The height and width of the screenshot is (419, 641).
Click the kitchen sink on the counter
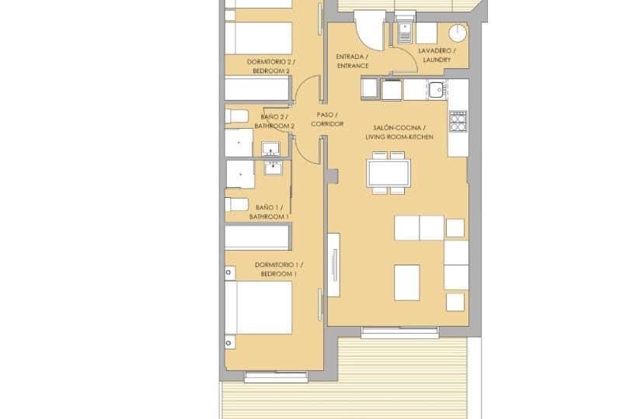pyautogui.click(x=437, y=89)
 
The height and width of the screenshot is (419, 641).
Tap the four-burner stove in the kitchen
pyautogui.click(x=458, y=120)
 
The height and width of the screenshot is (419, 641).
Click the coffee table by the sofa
pyautogui.click(x=406, y=282)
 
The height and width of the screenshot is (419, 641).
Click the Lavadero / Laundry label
pyautogui.click(x=437, y=55)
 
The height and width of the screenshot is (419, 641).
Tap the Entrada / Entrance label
pyautogui.click(x=352, y=61)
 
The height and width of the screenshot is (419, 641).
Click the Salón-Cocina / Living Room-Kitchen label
pyautogui.click(x=399, y=132)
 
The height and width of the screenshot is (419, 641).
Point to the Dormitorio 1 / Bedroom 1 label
pyautogui.click(x=278, y=269)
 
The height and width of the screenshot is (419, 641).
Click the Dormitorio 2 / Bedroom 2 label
pyautogui.click(x=270, y=66)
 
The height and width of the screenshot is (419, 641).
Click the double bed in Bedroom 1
pyautogui.click(x=259, y=307)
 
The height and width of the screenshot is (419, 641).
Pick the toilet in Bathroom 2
pyautogui.click(x=237, y=116)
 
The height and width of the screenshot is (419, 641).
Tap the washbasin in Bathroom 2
pyautogui.click(x=271, y=148)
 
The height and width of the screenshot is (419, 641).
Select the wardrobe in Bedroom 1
pyautogui.click(x=257, y=237)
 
